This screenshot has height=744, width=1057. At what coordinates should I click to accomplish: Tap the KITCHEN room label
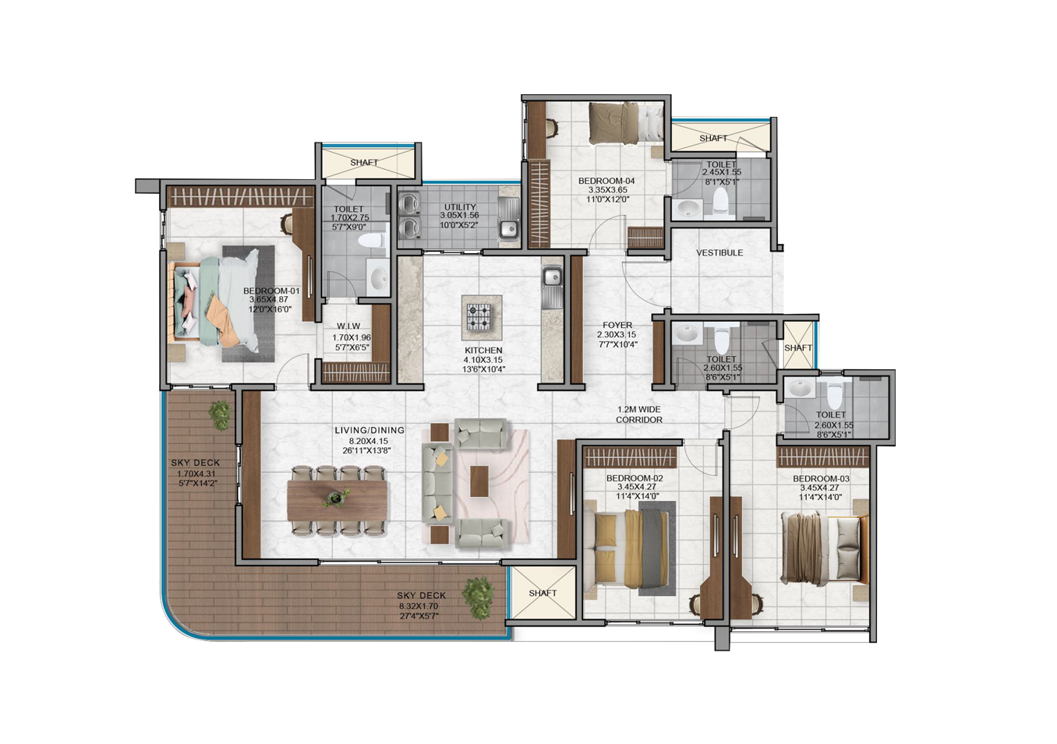point(483,351)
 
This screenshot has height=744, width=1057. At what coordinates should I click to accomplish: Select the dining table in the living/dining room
point(338,501)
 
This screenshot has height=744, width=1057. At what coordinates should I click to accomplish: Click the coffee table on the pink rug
point(479,481)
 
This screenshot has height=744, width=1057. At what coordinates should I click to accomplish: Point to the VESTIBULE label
point(719,253)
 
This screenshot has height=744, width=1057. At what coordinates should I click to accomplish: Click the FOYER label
point(617,326)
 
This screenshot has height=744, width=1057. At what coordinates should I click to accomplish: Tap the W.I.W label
point(348,326)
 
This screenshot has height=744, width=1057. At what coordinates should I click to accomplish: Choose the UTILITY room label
point(460,207)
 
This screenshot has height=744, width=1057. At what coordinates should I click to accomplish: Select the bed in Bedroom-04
point(626,124)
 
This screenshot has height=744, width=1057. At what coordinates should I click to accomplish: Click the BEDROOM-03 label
point(821,479)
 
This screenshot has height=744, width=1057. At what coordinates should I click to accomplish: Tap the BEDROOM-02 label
point(635,479)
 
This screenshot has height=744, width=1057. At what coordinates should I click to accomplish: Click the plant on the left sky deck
point(220,415)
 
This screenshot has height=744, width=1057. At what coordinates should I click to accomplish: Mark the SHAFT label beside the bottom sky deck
point(543,593)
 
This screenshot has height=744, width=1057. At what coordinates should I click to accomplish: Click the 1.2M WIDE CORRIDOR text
point(639,415)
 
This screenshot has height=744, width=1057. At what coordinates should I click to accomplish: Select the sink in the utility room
point(509,230)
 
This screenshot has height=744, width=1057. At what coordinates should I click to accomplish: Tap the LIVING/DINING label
point(370,431)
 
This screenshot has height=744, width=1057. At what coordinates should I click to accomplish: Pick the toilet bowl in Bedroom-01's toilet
point(372,242)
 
